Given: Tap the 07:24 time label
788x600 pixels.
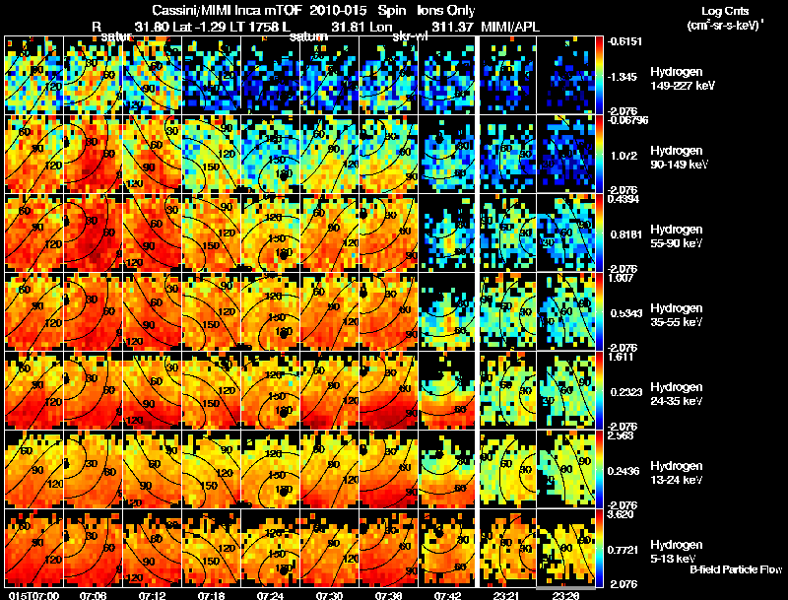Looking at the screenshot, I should [269, 595].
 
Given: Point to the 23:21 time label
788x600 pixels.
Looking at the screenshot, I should [506, 595].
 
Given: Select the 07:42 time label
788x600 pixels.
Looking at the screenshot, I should [447, 595].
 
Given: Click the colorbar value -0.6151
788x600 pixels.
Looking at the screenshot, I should [624, 41].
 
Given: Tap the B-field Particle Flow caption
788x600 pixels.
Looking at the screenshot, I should [735, 569].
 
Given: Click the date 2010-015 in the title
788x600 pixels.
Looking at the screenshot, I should [339, 9].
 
